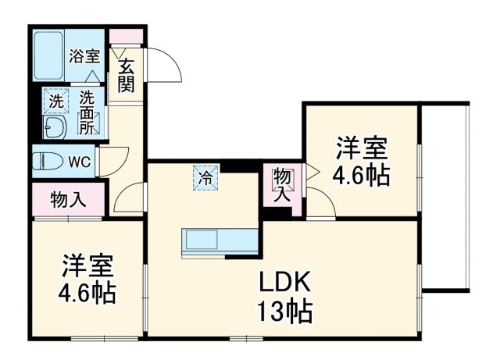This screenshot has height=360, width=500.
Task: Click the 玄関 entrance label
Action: (126, 77)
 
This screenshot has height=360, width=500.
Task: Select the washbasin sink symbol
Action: (55, 127)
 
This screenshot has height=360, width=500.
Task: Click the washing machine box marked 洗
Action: (55, 101)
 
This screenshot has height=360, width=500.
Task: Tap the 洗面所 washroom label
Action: (87, 112)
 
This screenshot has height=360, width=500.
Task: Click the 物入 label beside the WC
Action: (68, 199)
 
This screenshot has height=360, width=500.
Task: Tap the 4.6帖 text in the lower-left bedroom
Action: (87, 294)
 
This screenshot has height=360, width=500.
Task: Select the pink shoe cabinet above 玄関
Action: (126, 37)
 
